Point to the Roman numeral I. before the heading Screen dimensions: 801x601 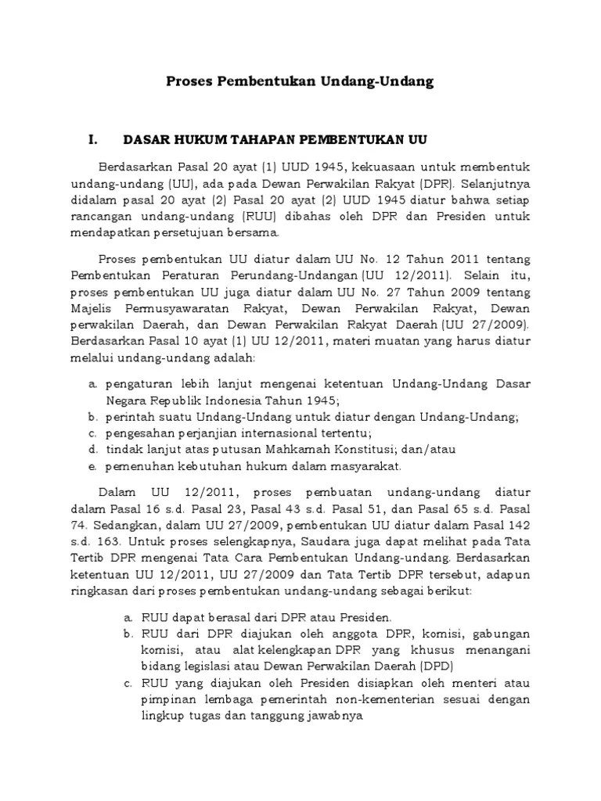pos(93,140)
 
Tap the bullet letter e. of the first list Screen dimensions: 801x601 pos(92,467)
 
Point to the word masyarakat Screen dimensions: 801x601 pos(366,467)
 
